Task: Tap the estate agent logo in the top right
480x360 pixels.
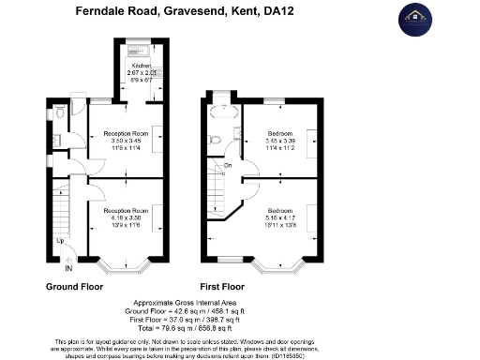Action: tap(418, 19)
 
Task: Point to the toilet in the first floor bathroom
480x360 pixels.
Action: tap(216, 140)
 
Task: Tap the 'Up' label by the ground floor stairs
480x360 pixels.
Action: tap(62, 240)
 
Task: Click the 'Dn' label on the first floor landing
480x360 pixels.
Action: tap(227, 167)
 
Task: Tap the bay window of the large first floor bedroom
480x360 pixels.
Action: tap(281, 266)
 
